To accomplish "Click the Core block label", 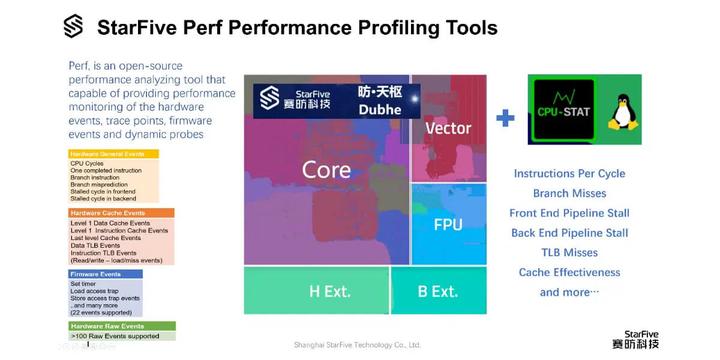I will click(x=326, y=171).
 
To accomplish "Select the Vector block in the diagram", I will click(x=448, y=129).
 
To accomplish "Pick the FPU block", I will click(x=448, y=223).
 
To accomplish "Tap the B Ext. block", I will click(x=437, y=292).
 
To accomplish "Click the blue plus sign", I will click(x=506, y=118).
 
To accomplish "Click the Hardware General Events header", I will click(x=107, y=154).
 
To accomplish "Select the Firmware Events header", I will click(x=98, y=273).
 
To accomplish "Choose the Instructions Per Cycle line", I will click(x=569, y=174).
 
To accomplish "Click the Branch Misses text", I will click(x=569, y=193).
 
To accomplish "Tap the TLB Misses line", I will click(x=569, y=253).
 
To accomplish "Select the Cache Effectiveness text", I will click(x=569, y=272).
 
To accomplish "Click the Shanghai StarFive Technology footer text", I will click(x=357, y=345).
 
